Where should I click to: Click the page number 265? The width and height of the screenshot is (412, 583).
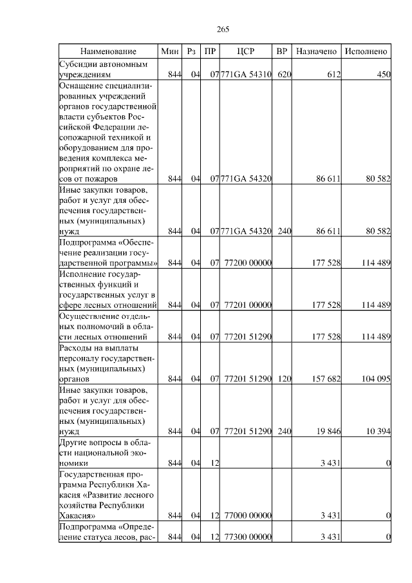(223, 30)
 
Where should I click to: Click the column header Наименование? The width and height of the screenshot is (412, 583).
(108, 51)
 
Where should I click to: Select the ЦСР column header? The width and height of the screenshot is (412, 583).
(247, 51)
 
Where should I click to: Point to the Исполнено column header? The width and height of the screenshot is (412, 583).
(366, 51)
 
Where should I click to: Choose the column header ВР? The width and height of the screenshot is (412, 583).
(281, 51)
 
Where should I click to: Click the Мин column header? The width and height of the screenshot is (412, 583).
(170, 51)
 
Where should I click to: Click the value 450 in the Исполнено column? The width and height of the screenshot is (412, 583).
(384, 75)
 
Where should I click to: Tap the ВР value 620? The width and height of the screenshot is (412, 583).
(284, 75)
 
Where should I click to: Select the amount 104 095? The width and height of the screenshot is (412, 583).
(376, 379)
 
